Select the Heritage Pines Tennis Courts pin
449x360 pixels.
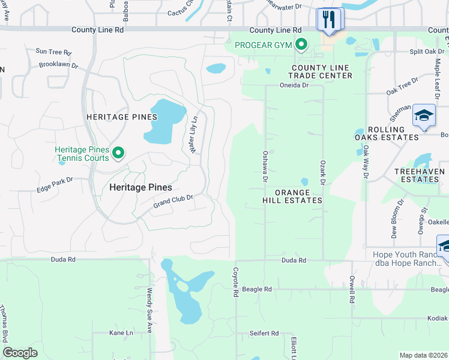118,154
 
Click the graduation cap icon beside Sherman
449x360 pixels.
424,116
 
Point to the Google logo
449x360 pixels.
20,353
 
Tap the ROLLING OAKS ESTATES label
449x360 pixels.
393,133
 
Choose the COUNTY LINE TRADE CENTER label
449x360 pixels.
320,71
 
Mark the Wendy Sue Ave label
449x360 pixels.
149,307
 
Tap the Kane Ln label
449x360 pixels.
121,332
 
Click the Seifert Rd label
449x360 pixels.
265,333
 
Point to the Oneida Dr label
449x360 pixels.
294,85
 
